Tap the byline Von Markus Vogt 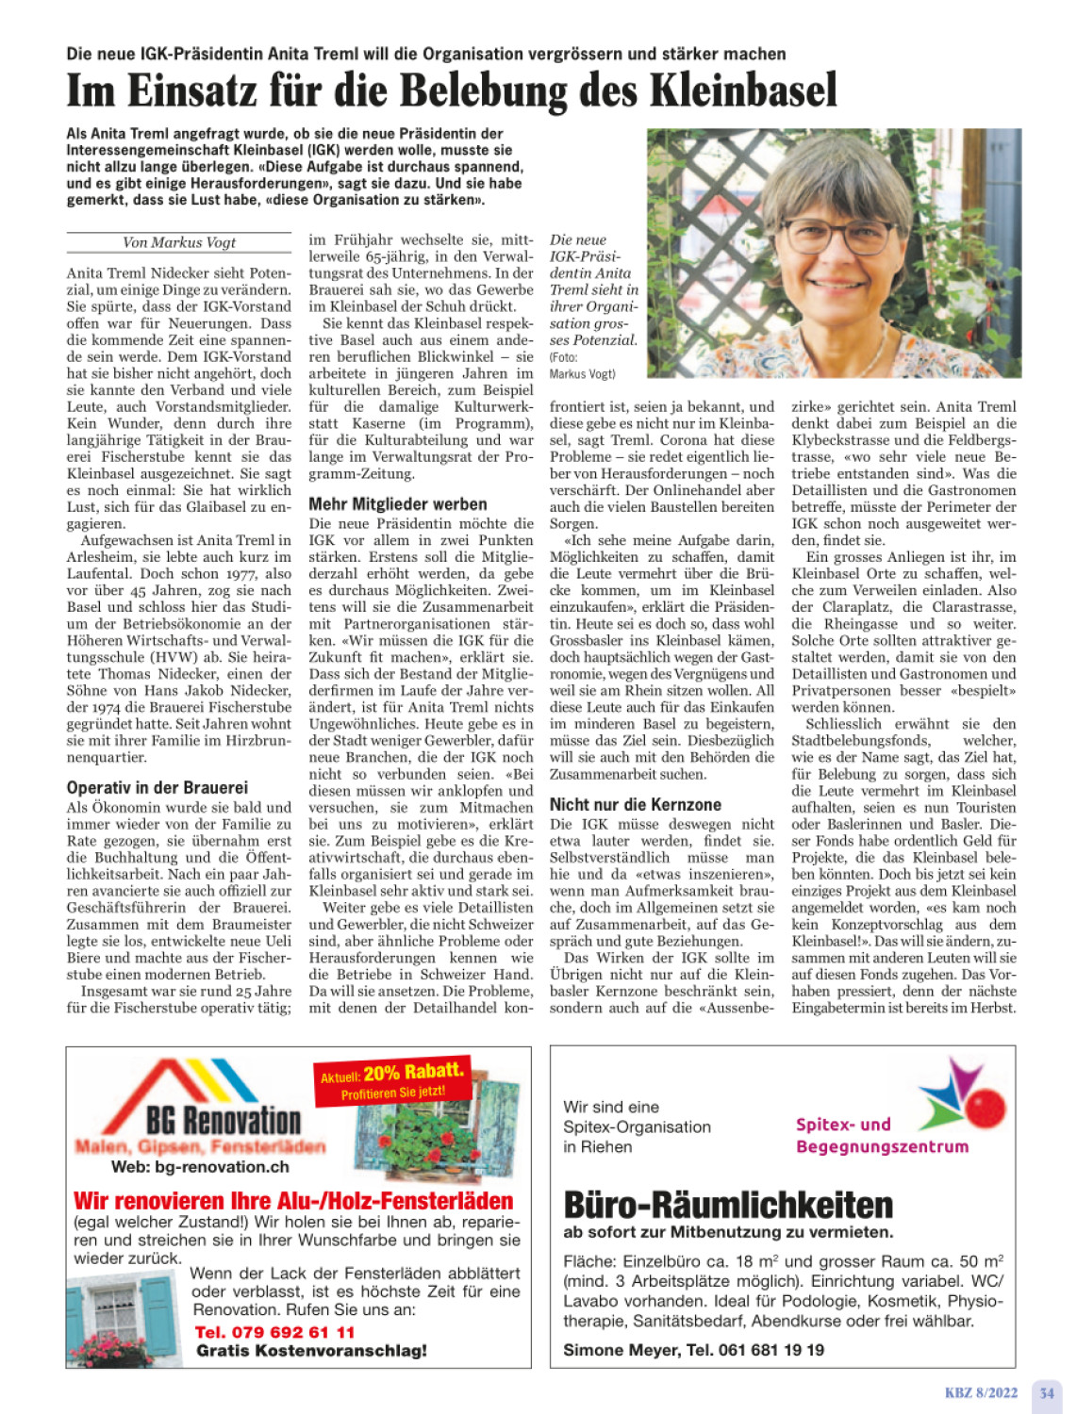point(179,242)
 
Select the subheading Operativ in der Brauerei point(157,787)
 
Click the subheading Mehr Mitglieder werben point(398,503)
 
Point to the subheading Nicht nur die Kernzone point(636,804)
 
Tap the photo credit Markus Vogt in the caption point(583,373)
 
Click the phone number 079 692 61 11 point(274,1332)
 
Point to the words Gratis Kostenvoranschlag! point(311,1351)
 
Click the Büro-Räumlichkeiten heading point(728,1205)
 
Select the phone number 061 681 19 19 point(770,1350)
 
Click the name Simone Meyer point(621,1350)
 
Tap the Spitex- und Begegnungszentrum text point(882,1135)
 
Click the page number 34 point(1046,1392)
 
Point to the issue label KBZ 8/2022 point(981,1392)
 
